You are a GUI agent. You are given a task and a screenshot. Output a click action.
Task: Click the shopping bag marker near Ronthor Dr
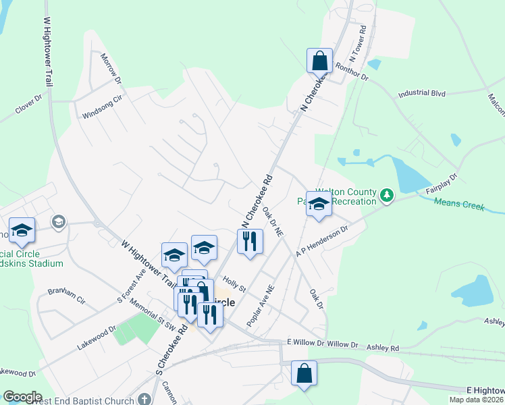coord(319,61)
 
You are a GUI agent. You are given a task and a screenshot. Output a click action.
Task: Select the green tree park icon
coord(386,196)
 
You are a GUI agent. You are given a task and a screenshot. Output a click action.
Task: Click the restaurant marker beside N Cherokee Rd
coord(250,241)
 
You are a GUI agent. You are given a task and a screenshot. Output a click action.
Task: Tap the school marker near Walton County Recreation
coord(319,204)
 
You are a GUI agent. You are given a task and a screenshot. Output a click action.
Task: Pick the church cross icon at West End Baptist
coord(144,400)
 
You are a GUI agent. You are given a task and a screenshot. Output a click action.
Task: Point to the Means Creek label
coord(458,204)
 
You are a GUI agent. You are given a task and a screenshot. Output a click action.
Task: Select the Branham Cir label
coord(65,296)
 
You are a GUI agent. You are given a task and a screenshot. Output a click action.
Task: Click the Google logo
coord(22,397)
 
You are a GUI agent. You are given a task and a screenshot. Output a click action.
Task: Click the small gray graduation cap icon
coord(59,221)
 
